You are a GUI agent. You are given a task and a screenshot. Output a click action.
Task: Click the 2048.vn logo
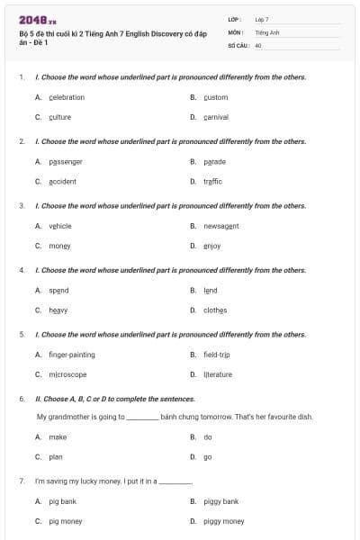point(37,19)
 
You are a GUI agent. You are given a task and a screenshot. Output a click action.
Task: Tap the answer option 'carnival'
point(216,117)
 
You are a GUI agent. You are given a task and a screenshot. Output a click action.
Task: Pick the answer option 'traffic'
point(212,181)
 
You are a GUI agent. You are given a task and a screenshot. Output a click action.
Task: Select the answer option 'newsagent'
point(221,226)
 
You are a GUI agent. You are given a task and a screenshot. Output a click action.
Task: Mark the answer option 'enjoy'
point(212,246)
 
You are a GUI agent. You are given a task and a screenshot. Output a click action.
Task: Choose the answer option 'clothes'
point(215,310)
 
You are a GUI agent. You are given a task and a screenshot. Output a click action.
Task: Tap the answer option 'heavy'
point(58,310)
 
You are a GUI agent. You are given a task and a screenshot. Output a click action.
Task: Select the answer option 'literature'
point(218,374)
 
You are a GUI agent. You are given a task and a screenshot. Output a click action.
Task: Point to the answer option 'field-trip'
point(217,355)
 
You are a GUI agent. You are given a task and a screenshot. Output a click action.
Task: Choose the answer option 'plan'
point(56,456)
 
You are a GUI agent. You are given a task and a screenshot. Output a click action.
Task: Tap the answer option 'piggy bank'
point(220,501)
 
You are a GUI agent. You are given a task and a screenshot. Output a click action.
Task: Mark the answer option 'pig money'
point(66,521)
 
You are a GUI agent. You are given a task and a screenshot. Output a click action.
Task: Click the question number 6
point(22,398)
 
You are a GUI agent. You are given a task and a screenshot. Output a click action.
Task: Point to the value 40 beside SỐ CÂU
point(258,45)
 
